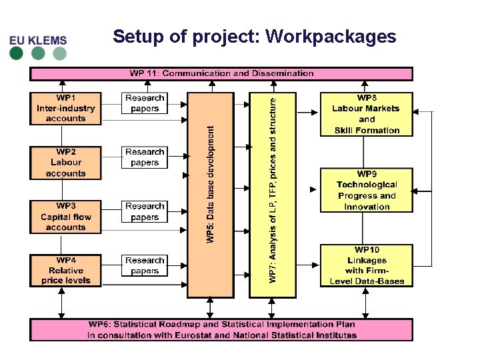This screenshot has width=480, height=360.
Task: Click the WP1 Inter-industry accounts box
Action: (x=66, y=108)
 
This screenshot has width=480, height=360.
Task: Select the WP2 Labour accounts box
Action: (x=66, y=163)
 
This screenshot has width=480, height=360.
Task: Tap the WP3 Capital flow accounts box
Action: (x=66, y=217)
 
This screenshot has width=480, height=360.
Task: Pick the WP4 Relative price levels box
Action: (x=66, y=271)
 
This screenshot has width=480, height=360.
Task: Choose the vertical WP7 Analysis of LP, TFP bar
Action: (x=272, y=194)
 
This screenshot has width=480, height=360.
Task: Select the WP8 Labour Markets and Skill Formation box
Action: (x=367, y=114)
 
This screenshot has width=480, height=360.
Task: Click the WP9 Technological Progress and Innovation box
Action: (x=367, y=190)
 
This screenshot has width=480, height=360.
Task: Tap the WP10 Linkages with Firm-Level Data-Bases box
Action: (x=367, y=265)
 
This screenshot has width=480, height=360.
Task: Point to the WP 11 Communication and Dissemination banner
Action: (x=221, y=73)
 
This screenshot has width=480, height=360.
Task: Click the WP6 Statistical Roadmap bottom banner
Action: (x=221, y=330)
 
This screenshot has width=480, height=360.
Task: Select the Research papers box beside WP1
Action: (x=145, y=103)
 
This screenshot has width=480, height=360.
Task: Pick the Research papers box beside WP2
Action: (x=145, y=157)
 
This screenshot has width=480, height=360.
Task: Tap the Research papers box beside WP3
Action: (x=145, y=211)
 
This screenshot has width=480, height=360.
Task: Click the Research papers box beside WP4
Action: (x=145, y=265)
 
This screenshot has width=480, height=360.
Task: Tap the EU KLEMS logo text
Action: (x=39, y=40)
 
